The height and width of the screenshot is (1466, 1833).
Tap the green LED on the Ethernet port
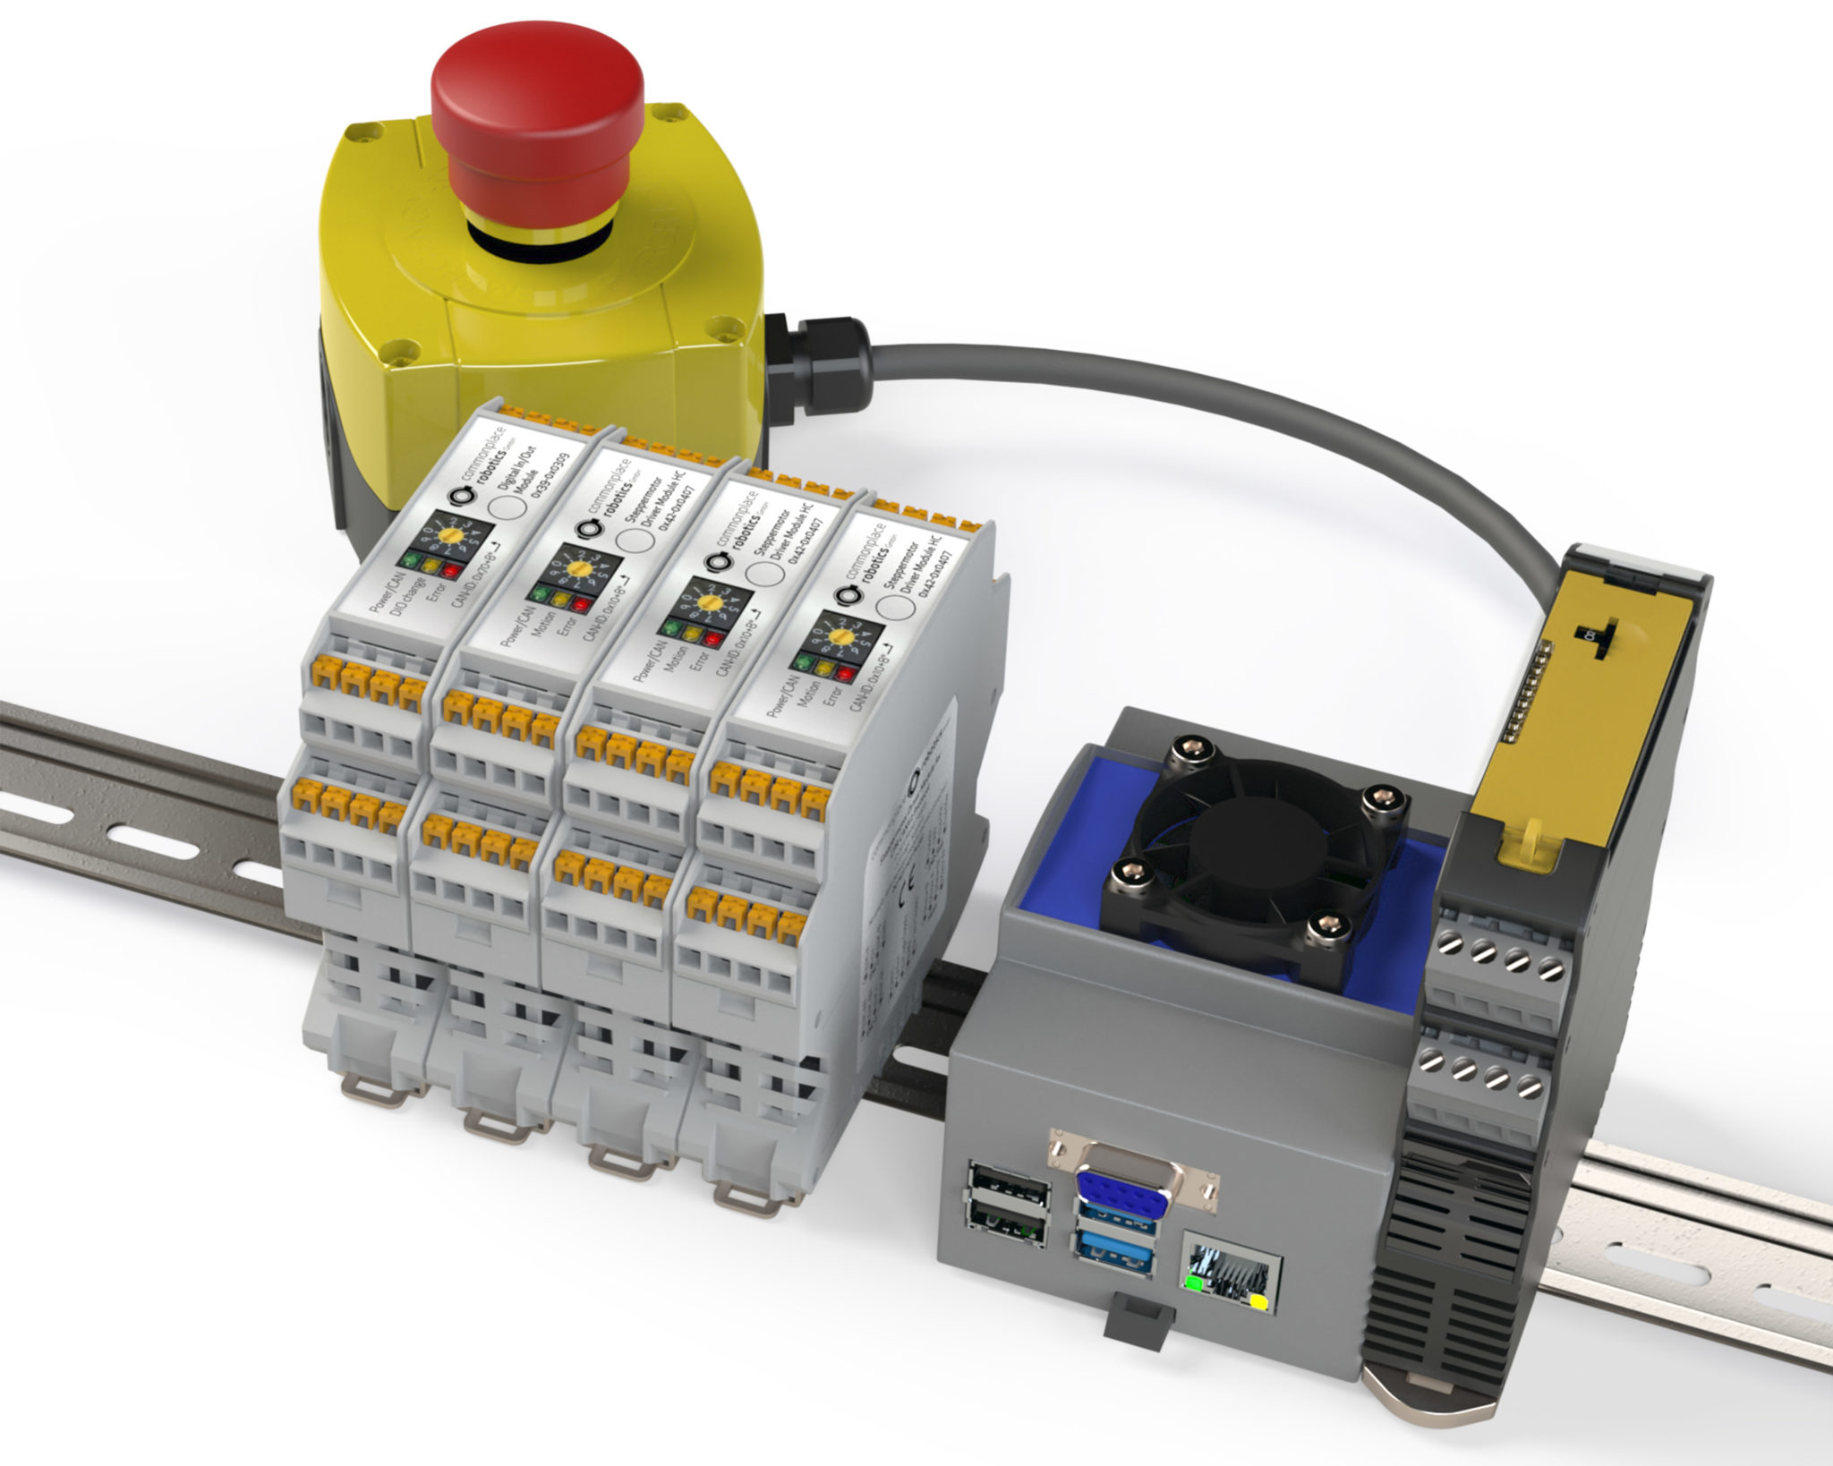[x=1192, y=1283]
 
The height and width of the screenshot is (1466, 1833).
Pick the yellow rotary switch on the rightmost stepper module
[x=840, y=637]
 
